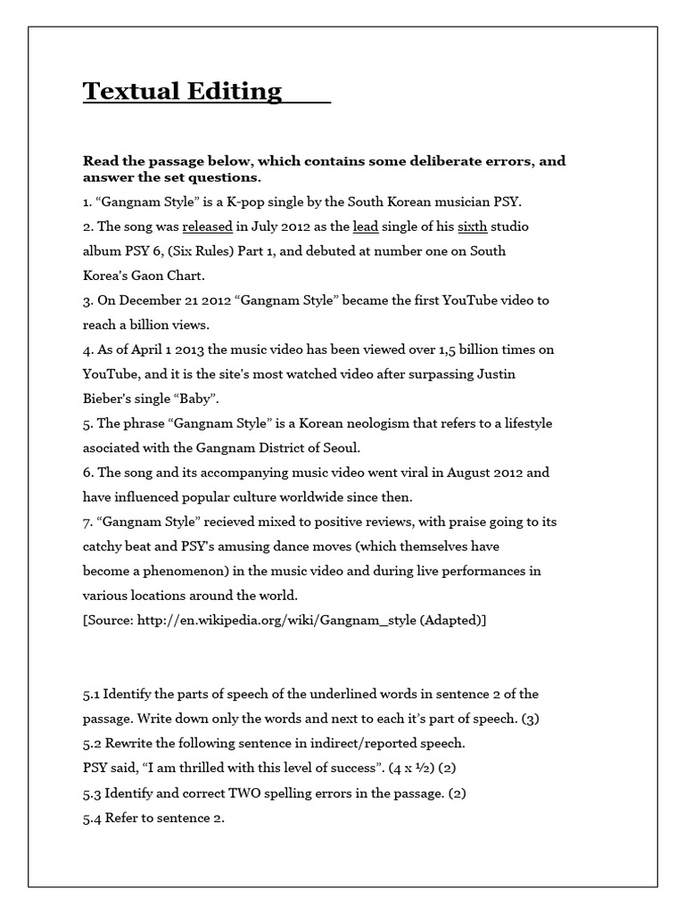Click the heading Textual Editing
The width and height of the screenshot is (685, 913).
pyautogui.click(x=183, y=91)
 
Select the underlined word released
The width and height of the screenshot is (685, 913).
pyautogui.click(x=208, y=226)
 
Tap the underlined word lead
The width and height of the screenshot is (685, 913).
pyautogui.click(x=366, y=226)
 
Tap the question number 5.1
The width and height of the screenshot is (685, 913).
pyautogui.click(x=93, y=694)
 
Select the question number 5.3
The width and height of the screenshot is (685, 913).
pyautogui.click(x=93, y=792)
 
